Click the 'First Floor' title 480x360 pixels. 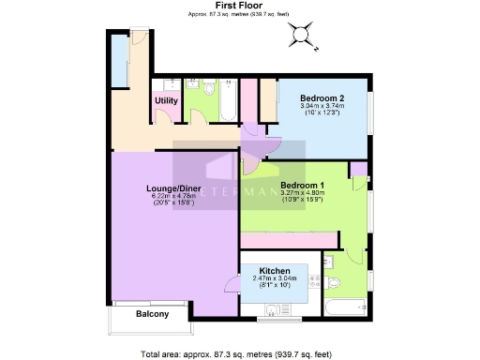point(211,6)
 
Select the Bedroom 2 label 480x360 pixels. point(322,97)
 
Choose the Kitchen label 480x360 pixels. point(269,270)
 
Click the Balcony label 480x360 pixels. point(152,314)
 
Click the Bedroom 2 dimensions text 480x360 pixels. point(322,109)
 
